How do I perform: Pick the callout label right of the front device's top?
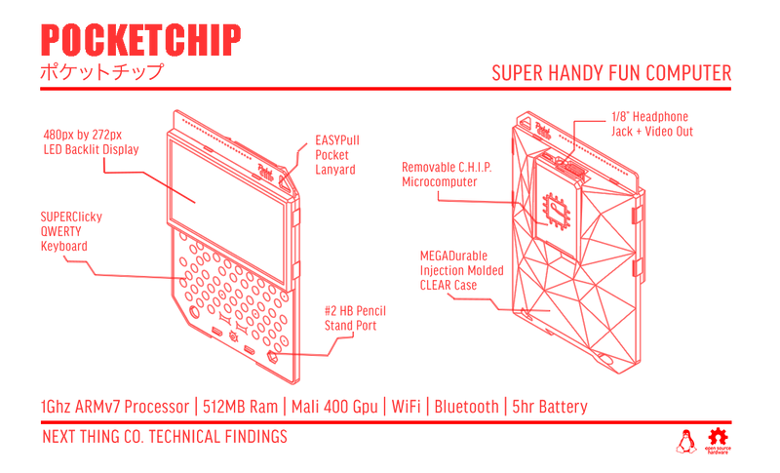(335, 154)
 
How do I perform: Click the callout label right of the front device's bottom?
(356, 317)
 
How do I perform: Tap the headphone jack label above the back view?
(652, 122)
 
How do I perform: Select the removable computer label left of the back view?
(443, 171)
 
